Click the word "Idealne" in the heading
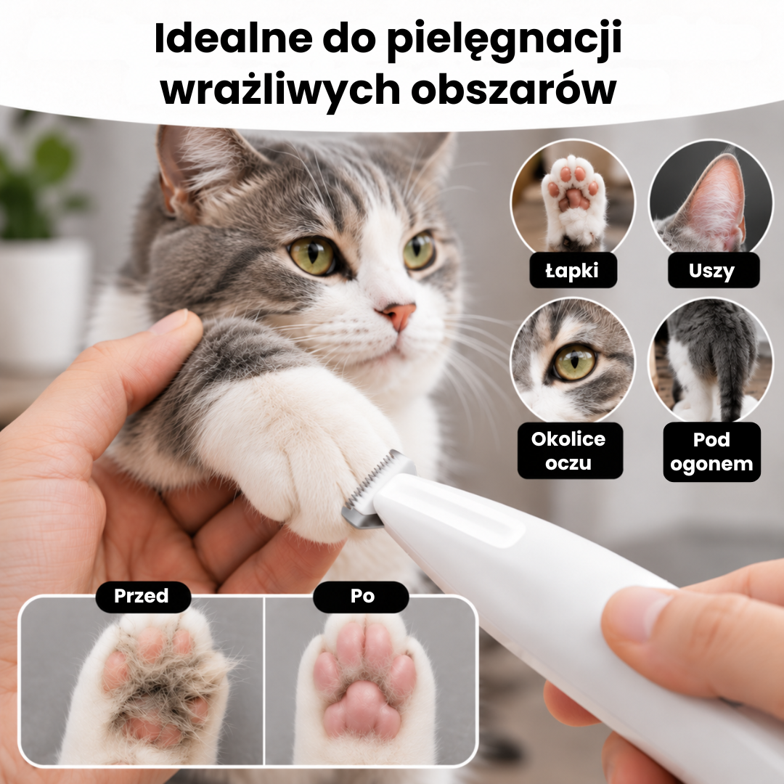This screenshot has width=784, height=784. (x=234, y=38)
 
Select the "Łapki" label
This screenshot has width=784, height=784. (x=573, y=271)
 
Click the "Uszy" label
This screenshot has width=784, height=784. (x=714, y=271)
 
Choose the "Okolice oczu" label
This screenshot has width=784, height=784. (x=570, y=451)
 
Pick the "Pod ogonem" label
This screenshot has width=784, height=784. (x=712, y=452)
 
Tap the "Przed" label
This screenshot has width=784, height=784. (x=142, y=597)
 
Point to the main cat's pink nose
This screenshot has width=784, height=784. (x=398, y=314)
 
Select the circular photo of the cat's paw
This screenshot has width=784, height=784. (x=573, y=200)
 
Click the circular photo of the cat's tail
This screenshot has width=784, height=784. (x=711, y=361)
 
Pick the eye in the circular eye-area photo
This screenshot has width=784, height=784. (x=576, y=361)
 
